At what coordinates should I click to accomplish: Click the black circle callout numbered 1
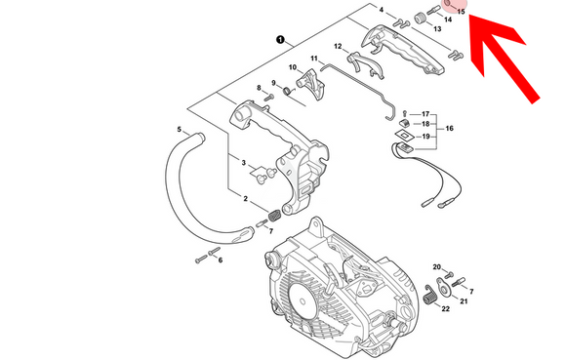[280, 39]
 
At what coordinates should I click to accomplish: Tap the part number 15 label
[461, 12]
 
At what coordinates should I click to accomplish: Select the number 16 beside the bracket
[450, 129]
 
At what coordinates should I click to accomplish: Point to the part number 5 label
[180, 129]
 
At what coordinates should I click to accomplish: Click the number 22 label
[446, 308]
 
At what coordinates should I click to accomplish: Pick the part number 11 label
[314, 59]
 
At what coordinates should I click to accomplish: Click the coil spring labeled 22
[430, 296]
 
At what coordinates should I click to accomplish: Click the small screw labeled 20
[449, 275]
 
